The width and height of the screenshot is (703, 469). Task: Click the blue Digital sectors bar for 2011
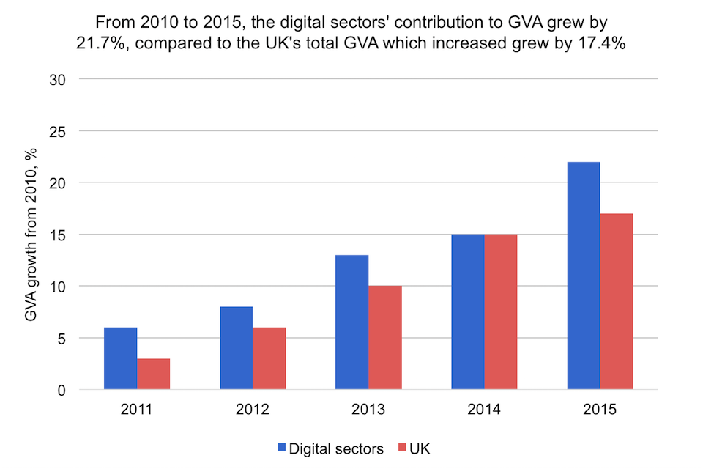(x=120, y=358)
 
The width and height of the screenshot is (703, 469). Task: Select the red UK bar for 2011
(x=153, y=374)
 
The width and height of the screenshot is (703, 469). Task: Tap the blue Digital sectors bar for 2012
(x=236, y=348)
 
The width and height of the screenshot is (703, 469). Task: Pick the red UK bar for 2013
(x=384, y=338)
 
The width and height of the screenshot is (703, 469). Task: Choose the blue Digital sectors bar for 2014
(x=467, y=312)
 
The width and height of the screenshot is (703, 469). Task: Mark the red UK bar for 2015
(x=617, y=302)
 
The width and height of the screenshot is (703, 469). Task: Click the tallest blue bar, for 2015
(x=584, y=276)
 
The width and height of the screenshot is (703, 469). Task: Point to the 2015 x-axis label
(x=600, y=410)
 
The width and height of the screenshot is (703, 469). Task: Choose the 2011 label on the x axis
(x=137, y=410)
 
